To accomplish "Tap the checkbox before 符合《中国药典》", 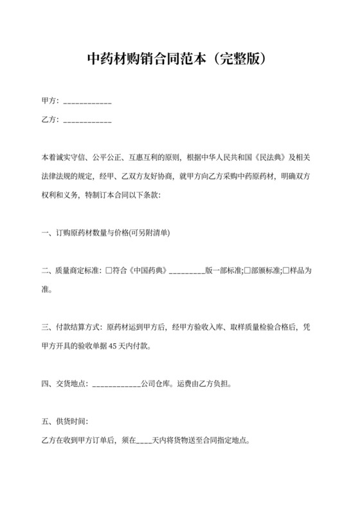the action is (109, 271).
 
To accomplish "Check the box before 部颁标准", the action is (248, 271).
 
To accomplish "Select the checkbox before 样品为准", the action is (287, 271).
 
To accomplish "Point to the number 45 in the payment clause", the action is (114, 346).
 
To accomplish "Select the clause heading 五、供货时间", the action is (64, 422).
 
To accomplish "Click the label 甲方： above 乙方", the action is (50, 102).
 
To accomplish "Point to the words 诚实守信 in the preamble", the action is (70, 156).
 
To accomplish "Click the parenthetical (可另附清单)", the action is (149, 232).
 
